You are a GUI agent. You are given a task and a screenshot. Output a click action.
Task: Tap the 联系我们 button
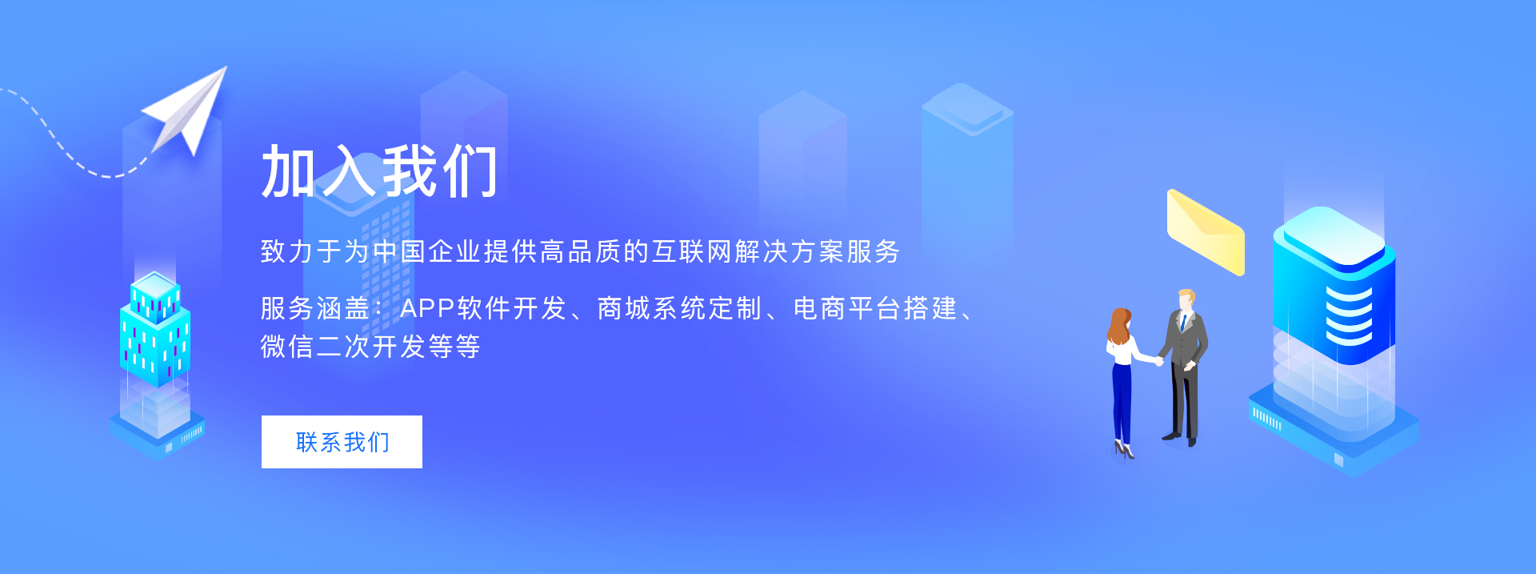tap(342, 442)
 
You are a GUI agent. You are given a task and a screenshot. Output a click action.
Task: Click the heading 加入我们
tap(379, 171)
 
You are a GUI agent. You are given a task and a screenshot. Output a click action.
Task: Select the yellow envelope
tap(1206, 232)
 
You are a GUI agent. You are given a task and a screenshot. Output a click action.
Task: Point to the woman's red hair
tap(1118, 324)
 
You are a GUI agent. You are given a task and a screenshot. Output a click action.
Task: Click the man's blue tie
tap(1183, 323)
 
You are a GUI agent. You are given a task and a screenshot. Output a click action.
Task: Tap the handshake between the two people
tap(1158, 361)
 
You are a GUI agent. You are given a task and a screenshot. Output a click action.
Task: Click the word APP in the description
tap(427, 308)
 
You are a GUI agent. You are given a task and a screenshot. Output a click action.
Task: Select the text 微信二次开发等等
tap(370, 347)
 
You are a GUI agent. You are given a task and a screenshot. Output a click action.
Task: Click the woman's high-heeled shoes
tap(1124, 451)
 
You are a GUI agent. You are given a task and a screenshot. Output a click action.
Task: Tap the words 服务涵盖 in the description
tap(315, 308)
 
